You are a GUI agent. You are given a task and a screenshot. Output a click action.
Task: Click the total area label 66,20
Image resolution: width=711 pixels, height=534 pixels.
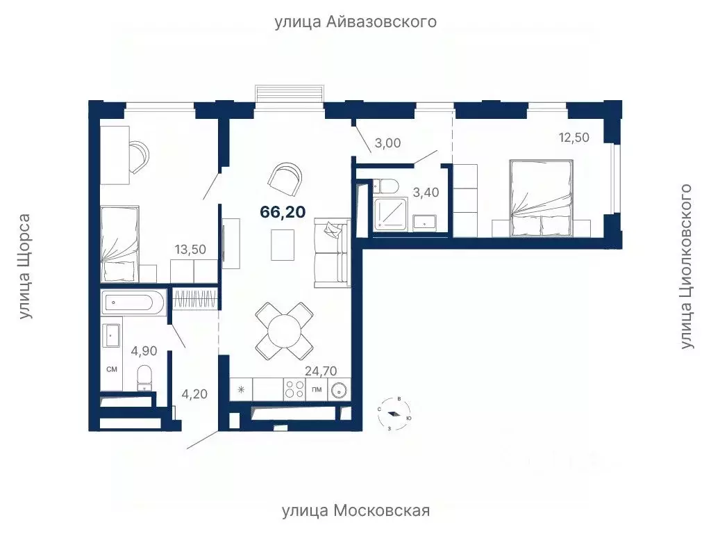coord(283,212)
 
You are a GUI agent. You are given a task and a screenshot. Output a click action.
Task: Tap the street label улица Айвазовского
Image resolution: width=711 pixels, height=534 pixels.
coord(355,22)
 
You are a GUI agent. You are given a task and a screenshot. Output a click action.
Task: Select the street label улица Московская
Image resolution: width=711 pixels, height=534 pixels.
coord(355,511)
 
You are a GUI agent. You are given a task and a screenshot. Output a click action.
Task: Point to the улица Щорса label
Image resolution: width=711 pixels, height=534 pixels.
coord(26,266)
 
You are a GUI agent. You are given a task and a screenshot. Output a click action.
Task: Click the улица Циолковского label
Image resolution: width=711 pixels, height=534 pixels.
coord(687,266)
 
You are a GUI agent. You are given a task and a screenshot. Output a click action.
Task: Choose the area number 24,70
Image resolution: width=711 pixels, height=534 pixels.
coord(322,372)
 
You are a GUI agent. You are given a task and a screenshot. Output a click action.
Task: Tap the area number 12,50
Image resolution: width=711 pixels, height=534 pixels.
coord(574,137)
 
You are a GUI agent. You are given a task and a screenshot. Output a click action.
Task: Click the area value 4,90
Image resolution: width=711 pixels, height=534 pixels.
coord(143,350)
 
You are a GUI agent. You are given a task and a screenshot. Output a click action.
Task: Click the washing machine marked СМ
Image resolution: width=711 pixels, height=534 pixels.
coord(112,369)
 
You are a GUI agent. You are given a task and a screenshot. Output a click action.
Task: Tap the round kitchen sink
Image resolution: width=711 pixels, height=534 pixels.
coord(339,389)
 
